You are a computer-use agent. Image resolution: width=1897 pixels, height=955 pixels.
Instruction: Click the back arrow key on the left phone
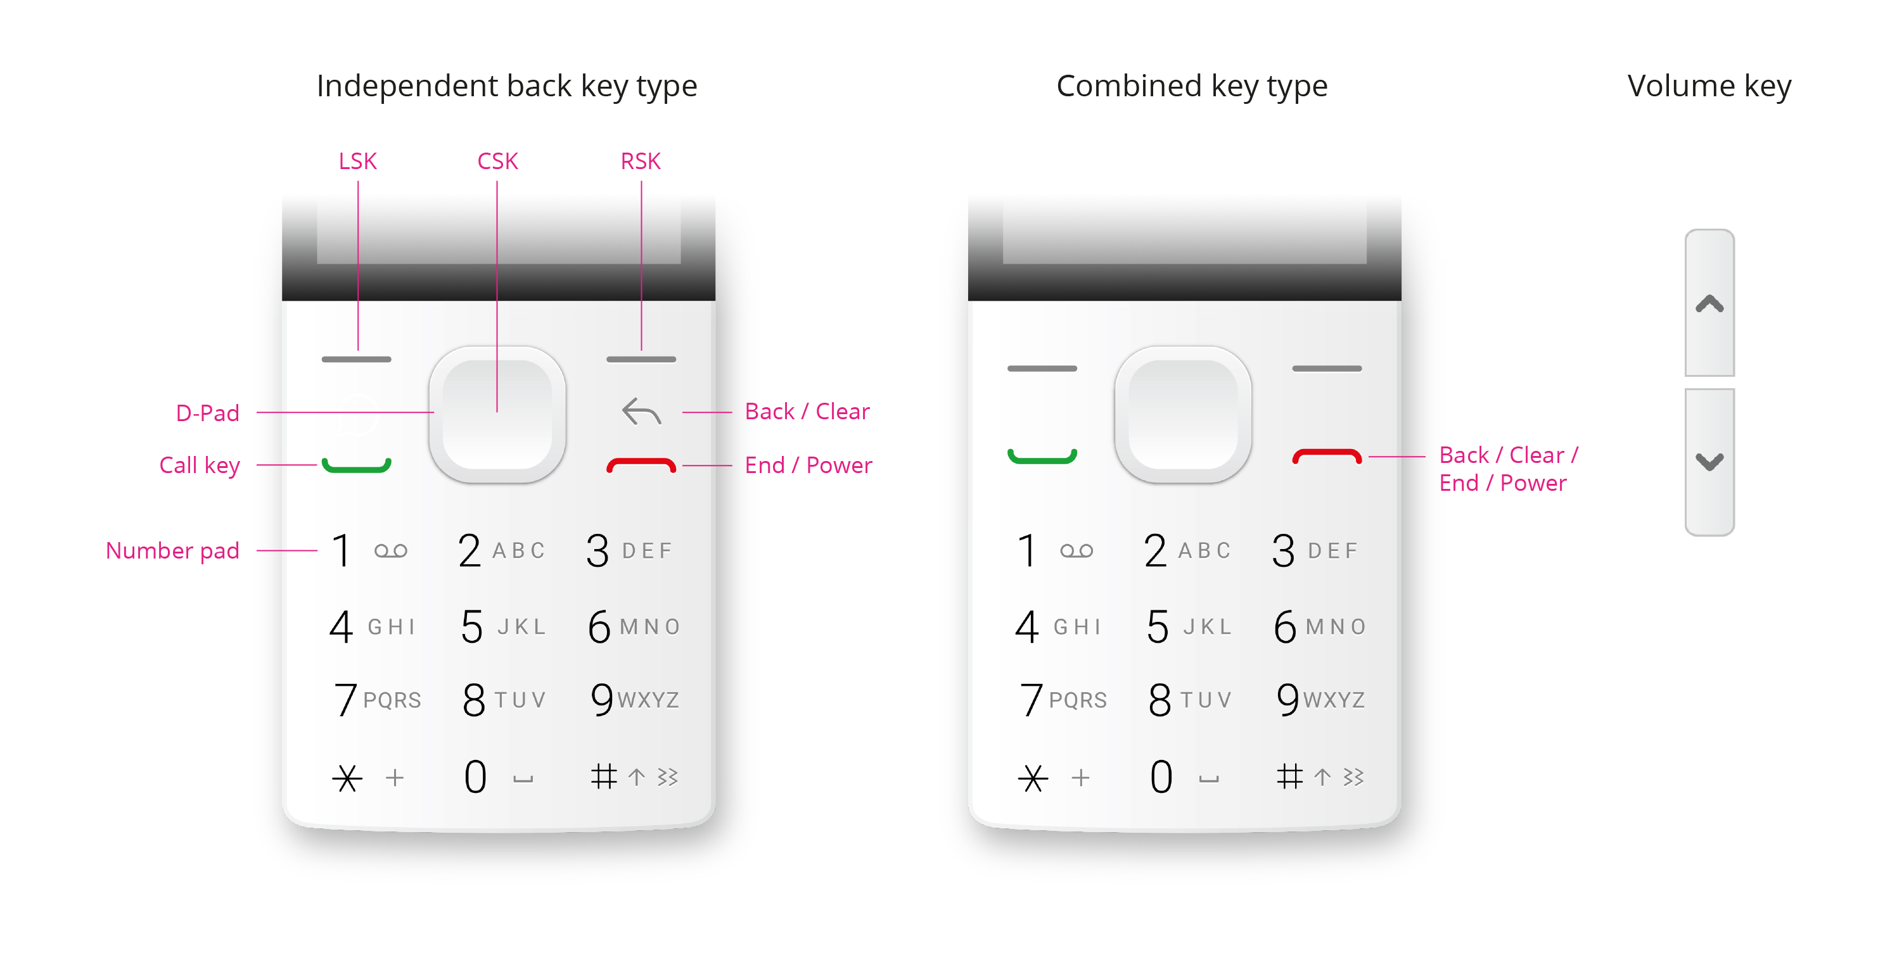[641, 412]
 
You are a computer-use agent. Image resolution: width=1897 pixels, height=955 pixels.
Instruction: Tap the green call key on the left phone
[357, 465]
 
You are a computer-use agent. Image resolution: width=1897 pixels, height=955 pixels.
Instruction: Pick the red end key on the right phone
[1326, 457]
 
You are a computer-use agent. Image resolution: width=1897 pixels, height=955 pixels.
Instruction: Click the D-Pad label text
[207, 413]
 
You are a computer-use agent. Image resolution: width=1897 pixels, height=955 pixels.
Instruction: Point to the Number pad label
[172, 550]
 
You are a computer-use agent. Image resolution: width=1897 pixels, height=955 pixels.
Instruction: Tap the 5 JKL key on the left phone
[502, 626]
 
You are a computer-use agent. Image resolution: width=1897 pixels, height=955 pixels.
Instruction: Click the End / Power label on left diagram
[808, 465]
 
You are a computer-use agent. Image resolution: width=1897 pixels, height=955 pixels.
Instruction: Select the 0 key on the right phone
[1161, 777]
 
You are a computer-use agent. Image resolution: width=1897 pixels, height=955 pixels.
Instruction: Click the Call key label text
[200, 465]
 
